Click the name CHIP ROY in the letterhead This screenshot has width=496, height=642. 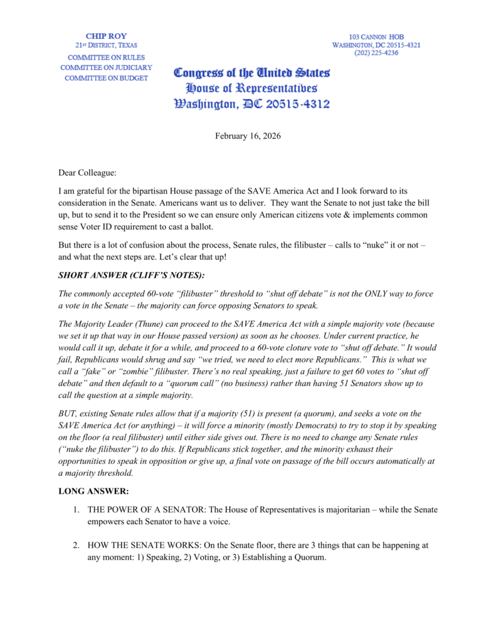click(106, 36)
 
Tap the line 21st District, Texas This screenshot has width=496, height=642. click(106, 46)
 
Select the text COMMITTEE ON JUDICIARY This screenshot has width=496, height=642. click(106, 68)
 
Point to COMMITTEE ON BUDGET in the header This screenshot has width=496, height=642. click(106, 78)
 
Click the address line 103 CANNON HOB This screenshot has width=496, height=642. click(376, 37)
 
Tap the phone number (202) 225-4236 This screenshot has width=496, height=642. click(376, 53)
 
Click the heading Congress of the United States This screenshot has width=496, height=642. click(251, 74)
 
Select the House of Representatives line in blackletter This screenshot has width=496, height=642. click(251, 88)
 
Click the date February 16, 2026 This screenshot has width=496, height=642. click(248, 136)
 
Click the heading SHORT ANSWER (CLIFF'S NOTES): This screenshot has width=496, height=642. click(133, 275)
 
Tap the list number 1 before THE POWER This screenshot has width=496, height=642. click(76, 510)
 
